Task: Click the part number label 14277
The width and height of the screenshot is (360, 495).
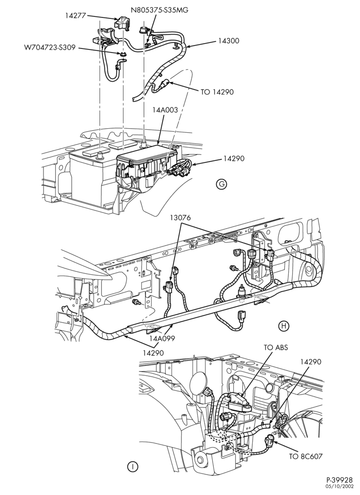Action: tap(76, 15)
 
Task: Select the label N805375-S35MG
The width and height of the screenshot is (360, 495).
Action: tap(160, 10)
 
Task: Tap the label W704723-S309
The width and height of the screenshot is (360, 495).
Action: tap(50, 48)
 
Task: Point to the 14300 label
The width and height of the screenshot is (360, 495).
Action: tap(228, 41)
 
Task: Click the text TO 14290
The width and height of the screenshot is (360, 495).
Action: tap(217, 92)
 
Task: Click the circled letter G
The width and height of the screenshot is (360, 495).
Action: tap(222, 185)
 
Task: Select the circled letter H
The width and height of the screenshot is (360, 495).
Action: tap(284, 326)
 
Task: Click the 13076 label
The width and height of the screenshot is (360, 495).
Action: tap(180, 217)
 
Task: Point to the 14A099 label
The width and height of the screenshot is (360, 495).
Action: tap(162, 339)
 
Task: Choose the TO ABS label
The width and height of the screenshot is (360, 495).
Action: tap(276, 347)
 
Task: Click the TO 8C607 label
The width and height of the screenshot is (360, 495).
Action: tap(306, 456)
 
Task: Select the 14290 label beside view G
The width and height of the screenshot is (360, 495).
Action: tap(234, 158)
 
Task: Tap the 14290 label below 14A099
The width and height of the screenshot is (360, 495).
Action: tap(153, 352)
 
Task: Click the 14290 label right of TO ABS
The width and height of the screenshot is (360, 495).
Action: tap(311, 362)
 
